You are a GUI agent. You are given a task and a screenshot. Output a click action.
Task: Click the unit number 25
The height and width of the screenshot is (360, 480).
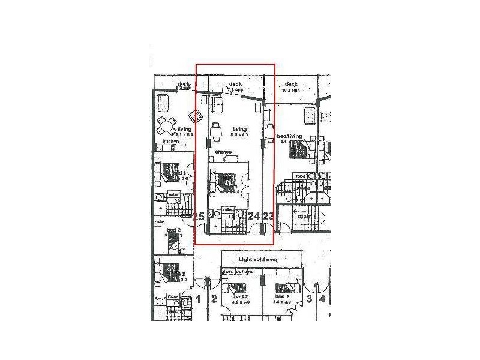tap(199, 217)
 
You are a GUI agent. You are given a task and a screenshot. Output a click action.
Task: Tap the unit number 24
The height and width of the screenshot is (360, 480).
tap(253, 216)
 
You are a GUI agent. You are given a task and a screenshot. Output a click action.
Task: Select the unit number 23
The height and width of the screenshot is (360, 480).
tap(268, 216)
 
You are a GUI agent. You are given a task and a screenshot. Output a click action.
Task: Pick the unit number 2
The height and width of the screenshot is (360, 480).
tap(214, 298)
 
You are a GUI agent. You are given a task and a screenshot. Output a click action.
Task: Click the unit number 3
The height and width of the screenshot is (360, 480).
tap(309, 298)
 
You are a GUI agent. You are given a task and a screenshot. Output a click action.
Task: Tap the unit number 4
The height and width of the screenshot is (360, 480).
tap(322, 298)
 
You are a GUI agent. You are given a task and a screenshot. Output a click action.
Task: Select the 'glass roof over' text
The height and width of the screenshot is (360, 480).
tap(238, 271)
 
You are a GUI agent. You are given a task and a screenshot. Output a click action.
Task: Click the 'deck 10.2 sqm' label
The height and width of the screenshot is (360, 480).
tap(292, 86)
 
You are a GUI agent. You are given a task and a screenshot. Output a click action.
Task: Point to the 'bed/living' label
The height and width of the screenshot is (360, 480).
tap(292, 137)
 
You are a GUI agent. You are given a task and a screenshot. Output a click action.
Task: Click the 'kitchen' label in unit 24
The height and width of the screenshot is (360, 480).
tap(223, 152)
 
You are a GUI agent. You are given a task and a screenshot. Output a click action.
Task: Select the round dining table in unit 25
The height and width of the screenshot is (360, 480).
tap(166, 125)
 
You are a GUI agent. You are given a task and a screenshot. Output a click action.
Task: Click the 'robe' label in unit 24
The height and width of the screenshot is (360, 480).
tap(228, 209)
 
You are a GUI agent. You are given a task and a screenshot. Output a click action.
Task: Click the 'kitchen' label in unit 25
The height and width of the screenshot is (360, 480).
tap(171, 142)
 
